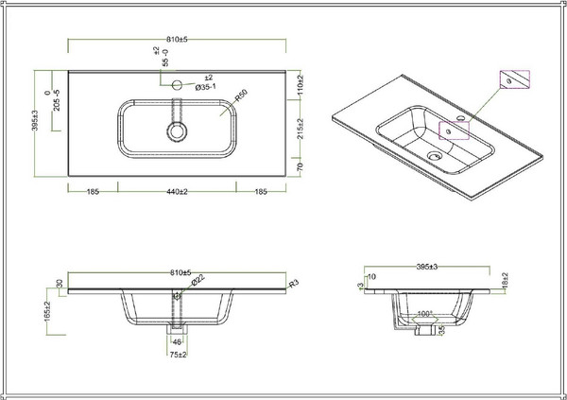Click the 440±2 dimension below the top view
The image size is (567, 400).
pyautogui.click(x=178, y=192)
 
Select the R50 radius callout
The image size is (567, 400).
pyautogui.click(x=242, y=96)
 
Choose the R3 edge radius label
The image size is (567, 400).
pyautogui.click(x=294, y=283)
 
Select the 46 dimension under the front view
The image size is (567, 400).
pyautogui.click(x=177, y=341)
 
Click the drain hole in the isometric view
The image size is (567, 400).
pyautogui.click(x=434, y=153)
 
